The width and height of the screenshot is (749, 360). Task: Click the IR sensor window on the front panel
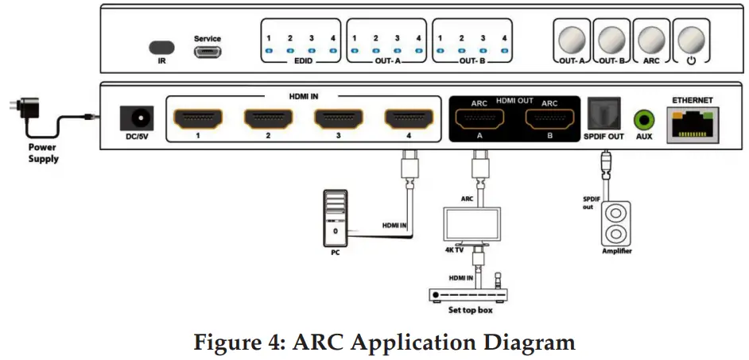(161, 47)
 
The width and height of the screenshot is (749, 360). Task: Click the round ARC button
(652, 39)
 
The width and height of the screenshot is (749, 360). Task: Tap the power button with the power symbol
(690, 39)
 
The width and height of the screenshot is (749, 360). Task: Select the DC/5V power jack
(135, 118)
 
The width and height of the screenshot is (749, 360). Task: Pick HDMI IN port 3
(339, 119)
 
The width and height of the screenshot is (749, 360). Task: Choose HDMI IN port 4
(409, 119)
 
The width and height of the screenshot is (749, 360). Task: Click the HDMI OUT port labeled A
(479, 120)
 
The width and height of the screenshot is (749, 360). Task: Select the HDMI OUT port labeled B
(549, 120)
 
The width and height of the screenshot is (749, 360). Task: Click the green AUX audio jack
(643, 121)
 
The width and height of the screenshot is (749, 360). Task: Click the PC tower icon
(336, 219)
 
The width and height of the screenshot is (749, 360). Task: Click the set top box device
(469, 294)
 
